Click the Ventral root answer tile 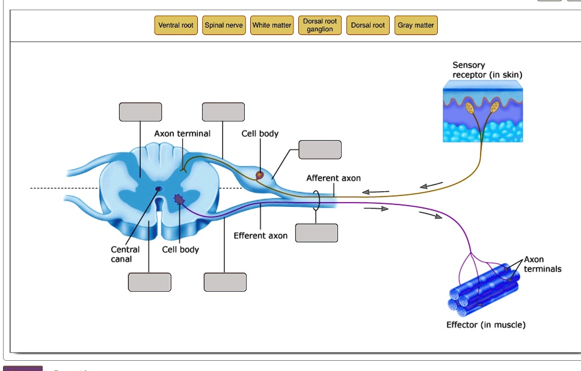(176, 25)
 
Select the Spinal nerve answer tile (224, 25)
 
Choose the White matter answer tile (272, 25)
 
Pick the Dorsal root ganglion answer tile (320, 25)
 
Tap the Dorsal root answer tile (368, 25)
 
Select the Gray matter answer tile (416, 25)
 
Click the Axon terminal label (182, 133)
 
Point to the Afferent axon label (333, 178)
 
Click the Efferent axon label (260, 236)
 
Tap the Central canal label (125, 254)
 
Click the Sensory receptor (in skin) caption (487, 70)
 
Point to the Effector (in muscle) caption (485, 325)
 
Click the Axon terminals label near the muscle (542, 265)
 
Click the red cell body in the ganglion (259, 175)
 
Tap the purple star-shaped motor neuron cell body (179, 199)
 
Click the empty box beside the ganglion (320, 149)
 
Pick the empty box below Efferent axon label (316, 233)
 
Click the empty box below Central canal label (149, 281)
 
